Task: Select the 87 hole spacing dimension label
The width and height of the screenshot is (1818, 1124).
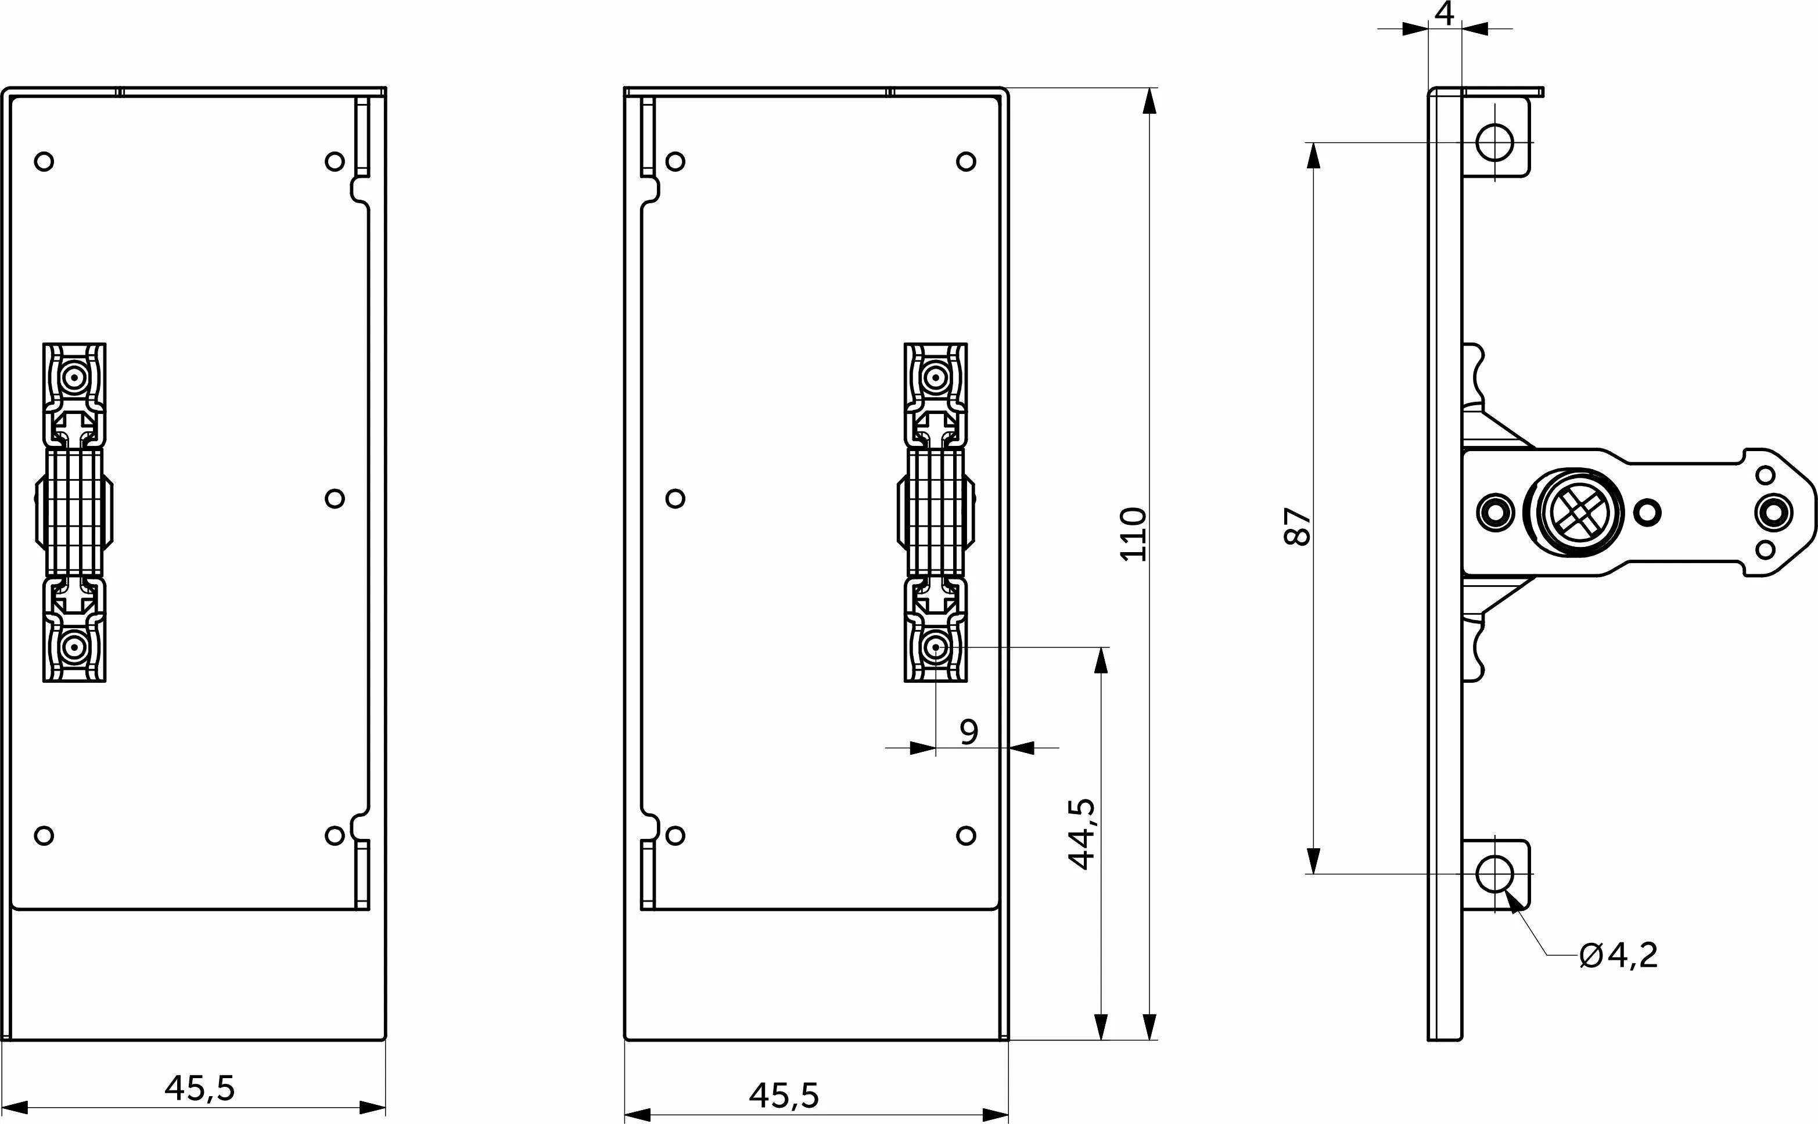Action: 1298,527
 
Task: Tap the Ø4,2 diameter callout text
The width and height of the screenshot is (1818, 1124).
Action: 1618,955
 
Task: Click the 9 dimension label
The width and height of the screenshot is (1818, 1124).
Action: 969,732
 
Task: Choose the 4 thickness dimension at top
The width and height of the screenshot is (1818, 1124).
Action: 1444,13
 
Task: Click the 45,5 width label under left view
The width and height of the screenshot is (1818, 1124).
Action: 200,1089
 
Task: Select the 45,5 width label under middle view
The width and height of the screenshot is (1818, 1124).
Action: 785,1095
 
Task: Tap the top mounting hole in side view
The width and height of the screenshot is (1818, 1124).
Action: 1494,142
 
